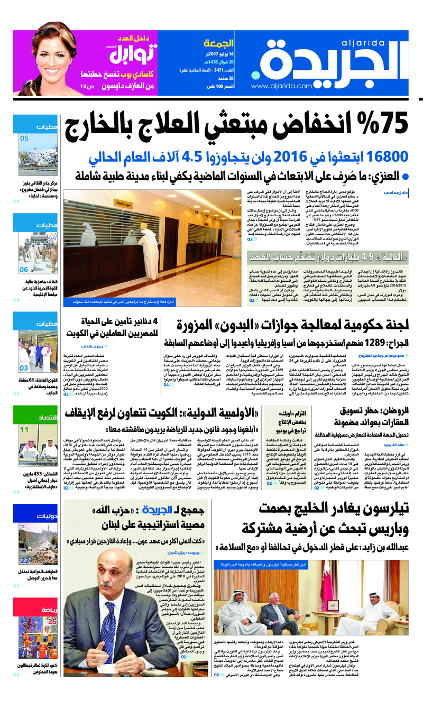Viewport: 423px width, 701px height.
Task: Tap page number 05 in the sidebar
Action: coord(24,139)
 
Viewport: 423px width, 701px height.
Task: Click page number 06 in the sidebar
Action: coord(24,270)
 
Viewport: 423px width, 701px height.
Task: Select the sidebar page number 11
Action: coord(24,430)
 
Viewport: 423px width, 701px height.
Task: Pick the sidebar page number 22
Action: coord(25,561)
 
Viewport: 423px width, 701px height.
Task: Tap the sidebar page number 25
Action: coord(52,607)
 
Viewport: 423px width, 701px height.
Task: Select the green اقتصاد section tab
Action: coord(47,418)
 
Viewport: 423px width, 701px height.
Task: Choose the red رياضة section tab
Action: coord(48,595)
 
